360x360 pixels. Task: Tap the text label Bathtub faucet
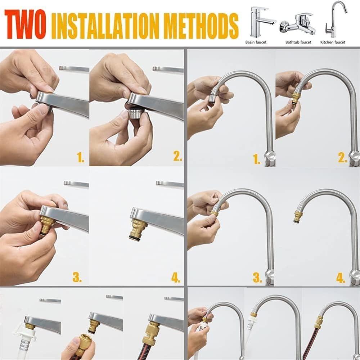pyautogui.click(x=298, y=42)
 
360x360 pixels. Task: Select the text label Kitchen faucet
pyautogui.click(x=333, y=42)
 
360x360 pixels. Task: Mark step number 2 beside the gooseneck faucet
pyautogui.click(x=342, y=157)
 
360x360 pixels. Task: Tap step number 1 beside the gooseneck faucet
pyautogui.click(x=256, y=159)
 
